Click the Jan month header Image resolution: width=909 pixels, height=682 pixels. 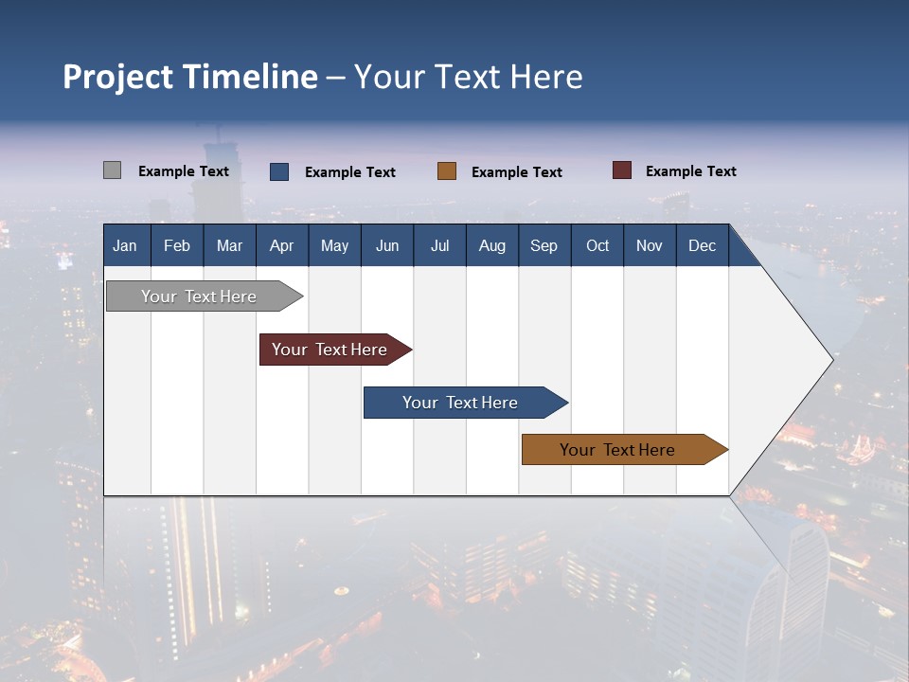pyautogui.click(x=125, y=246)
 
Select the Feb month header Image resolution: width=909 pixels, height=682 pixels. pyautogui.click(x=177, y=246)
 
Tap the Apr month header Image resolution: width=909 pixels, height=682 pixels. pyautogui.click(x=281, y=246)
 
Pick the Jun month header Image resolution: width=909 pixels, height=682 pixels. pyautogui.click(x=387, y=246)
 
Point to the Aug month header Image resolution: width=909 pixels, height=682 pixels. pyautogui.click(x=491, y=246)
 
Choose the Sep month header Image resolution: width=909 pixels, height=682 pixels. pyautogui.click(x=544, y=246)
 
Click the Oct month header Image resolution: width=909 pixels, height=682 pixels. pyautogui.click(x=597, y=246)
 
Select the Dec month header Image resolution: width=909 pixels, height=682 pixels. pyautogui.click(x=702, y=246)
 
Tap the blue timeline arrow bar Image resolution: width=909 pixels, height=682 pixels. pyautogui.click(x=461, y=403)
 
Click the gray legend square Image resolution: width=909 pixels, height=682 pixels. pyautogui.click(x=112, y=170)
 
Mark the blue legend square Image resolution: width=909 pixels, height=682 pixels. pyautogui.click(x=279, y=171)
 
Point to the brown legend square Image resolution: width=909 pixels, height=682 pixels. pyautogui.click(x=447, y=171)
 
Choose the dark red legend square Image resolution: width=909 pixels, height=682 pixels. pyautogui.click(x=622, y=170)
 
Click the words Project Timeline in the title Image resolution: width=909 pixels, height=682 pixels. pyautogui.click(x=190, y=77)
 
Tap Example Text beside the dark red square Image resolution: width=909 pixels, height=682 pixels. pyautogui.click(x=690, y=171)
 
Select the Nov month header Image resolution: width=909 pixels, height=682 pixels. pyautogui.click(x=650, y=246)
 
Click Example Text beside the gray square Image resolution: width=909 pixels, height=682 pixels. pyautogui.click(x=184, y=171)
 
